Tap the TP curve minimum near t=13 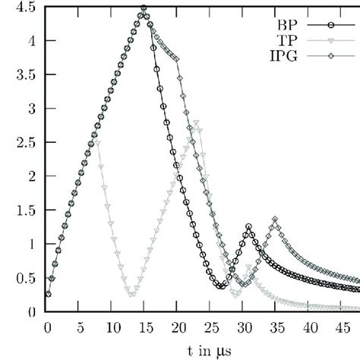pos(131,294)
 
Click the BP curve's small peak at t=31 pos(248,226)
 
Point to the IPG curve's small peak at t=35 pos(275,220)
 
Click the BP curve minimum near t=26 pos(219,286)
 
